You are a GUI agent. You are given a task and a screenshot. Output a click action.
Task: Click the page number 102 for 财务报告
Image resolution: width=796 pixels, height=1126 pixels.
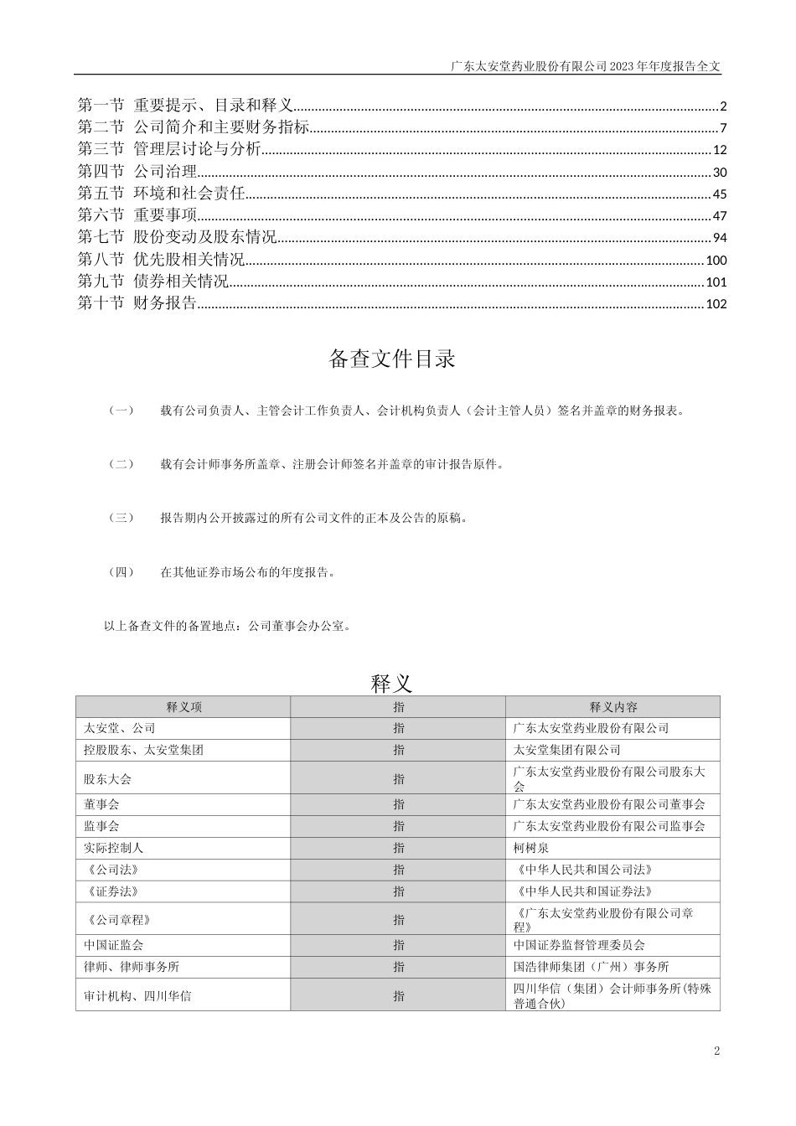point(716,304)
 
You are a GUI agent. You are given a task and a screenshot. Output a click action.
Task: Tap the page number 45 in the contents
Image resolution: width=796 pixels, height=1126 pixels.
point(720,194)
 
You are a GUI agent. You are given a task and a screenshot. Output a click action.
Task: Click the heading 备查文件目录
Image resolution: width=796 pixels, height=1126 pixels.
point(392,359)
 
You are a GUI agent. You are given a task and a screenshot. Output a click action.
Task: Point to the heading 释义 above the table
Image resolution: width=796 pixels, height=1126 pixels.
point(392,683)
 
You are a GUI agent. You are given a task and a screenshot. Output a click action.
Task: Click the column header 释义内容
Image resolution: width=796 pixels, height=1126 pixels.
point(613,707)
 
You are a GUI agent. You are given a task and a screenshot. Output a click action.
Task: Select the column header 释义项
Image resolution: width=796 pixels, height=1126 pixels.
point(183,707)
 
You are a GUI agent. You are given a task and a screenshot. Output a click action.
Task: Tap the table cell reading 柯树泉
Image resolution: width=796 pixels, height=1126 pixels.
point(530,848)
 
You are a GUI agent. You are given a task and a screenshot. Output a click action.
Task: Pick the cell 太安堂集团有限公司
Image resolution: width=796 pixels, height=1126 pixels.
point(566,750)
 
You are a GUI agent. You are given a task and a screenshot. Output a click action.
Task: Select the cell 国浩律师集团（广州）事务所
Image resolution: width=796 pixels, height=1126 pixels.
point(591,967)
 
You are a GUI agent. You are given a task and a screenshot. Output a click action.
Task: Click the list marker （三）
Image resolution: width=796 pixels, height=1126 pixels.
point(121,518)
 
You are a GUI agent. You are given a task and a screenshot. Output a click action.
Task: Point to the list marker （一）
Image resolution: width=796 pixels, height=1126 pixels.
point(121,411)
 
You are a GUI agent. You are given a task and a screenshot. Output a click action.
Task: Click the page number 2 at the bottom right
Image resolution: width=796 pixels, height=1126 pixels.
point(716,1051)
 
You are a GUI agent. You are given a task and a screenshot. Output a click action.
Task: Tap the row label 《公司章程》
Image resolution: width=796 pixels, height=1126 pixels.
point(117,920)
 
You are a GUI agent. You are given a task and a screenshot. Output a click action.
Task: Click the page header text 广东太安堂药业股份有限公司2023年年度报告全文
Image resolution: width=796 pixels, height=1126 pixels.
point(585,65)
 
